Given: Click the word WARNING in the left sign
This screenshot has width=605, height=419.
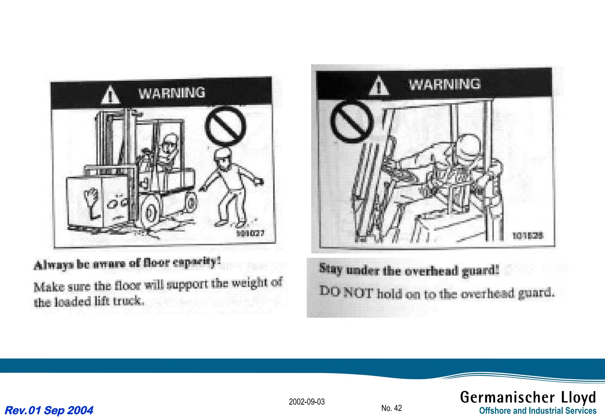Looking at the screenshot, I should pos(172,93).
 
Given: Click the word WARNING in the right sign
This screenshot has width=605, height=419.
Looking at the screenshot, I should pos(445,84).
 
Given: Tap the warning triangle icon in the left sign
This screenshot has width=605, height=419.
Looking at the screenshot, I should pos(110,95).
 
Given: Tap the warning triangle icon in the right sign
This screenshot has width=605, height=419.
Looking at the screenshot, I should pos(379,86).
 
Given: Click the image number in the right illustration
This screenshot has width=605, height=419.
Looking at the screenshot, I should pos(527,236).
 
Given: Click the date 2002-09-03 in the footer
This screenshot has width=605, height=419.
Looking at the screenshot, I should pos(307,402).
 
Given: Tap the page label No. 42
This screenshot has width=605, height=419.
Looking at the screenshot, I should pos(391,408).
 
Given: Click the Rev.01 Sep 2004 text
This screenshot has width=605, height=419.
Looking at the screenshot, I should pos(49,410).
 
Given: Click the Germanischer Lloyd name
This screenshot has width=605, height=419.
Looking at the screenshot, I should pos(528,397).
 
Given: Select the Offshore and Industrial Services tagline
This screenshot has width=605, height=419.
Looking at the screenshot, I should pos(538,411).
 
